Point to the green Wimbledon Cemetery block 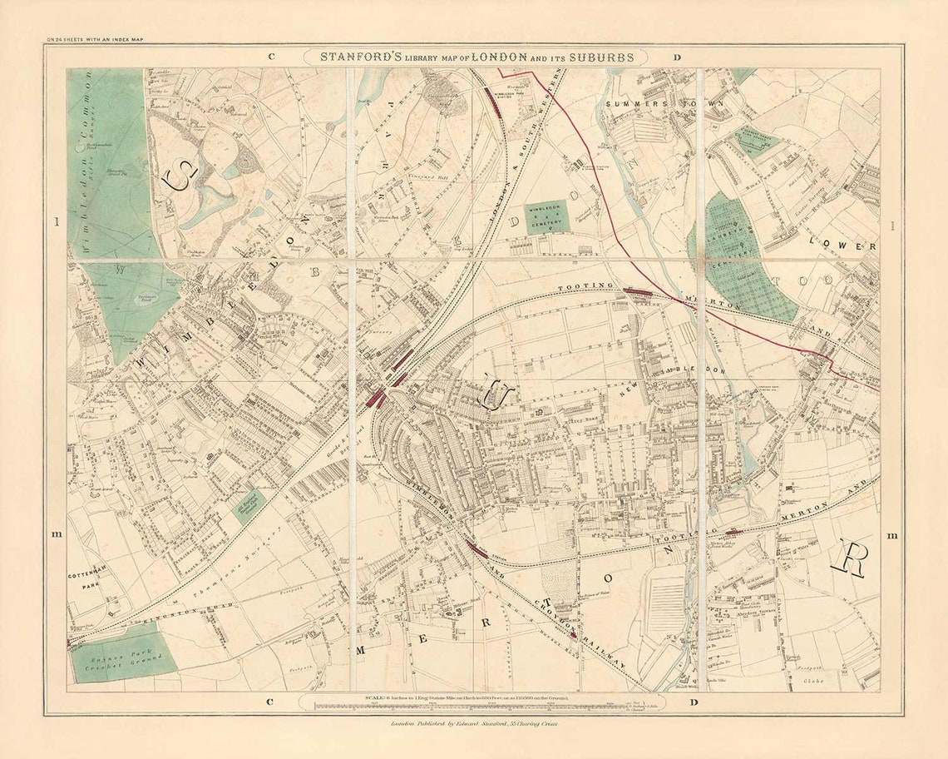pos(547,216)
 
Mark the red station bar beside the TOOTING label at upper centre pos(639,291)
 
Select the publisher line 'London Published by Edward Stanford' pos(473,724)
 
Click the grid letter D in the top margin pos(677,57)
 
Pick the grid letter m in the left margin pos(56,535)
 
